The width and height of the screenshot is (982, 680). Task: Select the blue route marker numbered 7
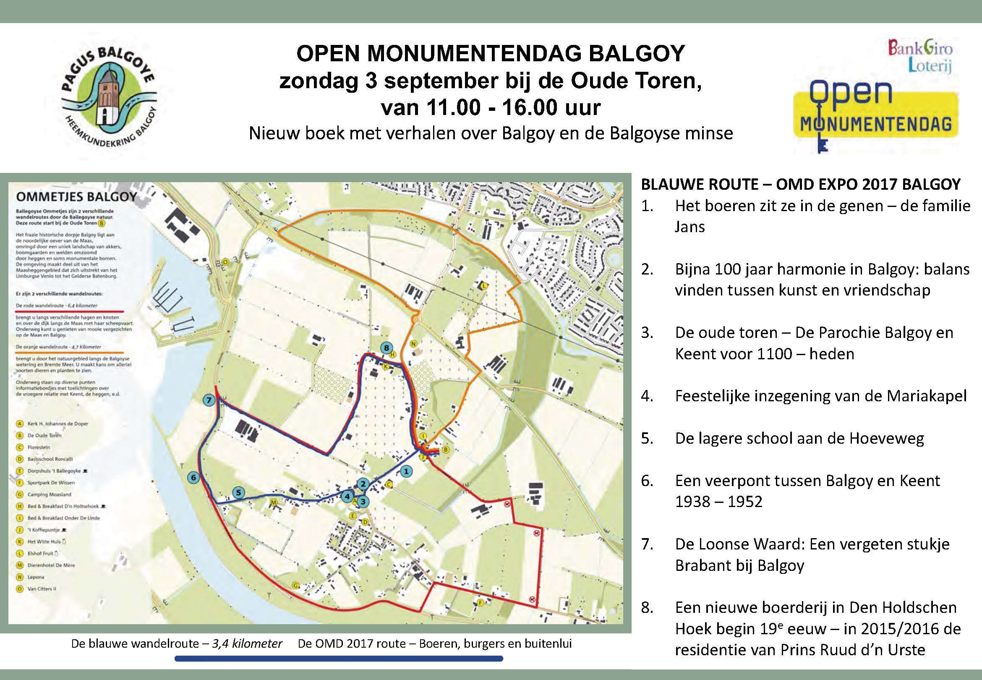pos(209,400)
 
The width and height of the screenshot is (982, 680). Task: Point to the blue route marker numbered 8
pos(386,348)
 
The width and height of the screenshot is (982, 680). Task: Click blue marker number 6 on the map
pos(194,478)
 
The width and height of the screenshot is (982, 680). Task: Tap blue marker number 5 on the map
pos(238,492)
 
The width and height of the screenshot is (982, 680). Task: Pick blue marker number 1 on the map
pos(406,471)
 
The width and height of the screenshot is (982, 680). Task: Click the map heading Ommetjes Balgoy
pos(76,197)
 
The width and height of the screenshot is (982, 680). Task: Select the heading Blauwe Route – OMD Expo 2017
pos(801,184)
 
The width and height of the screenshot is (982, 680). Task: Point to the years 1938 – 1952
pos(719,502)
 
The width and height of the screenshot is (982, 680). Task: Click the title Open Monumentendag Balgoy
pos(491,54)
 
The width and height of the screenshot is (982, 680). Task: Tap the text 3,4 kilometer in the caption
pos(247,643)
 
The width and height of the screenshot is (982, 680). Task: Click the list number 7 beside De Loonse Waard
pos(647,544)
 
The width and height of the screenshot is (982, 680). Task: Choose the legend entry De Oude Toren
pos(44,435)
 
